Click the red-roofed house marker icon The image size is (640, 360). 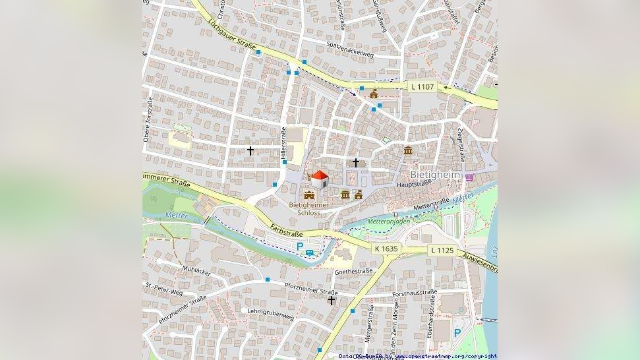tap(319, 179)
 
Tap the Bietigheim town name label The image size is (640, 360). tap(435, 175)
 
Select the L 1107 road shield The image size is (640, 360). tap(422, 86)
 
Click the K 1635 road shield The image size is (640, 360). tap(386, 249)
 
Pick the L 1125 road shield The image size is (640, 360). tap(442, 250)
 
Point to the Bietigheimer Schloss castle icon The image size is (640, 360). tap(309, 195)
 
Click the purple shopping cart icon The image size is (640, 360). tap(469, 177)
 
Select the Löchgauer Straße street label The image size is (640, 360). tap(231, 35)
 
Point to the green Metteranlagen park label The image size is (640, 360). tap(389, 222)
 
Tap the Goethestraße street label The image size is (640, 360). tap(354, 271)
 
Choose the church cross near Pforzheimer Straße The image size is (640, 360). tap(332, 301)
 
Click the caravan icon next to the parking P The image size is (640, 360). tap(310, 251)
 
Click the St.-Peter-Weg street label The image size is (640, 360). tap(164, 289)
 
